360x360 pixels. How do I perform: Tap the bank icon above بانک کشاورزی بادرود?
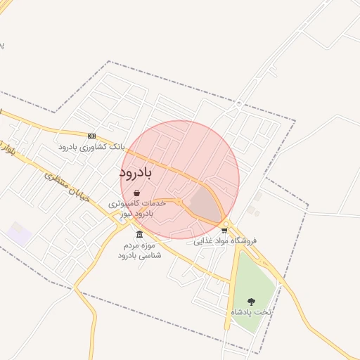click(91, 135)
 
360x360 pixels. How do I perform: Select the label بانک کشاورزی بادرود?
click(91, 148)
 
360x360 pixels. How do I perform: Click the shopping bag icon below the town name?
click(136, 192)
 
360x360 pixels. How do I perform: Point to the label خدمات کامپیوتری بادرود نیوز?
click(136, 207)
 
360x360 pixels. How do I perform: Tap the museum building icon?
click(139, 234)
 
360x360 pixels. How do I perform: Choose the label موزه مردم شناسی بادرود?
click(139, 250)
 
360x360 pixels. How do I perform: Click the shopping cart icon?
click(224, 230)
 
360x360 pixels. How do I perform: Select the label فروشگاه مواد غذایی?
click(225, 240)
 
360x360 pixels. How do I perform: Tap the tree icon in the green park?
click(251, 301)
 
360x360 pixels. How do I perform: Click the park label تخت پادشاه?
click(251, 311)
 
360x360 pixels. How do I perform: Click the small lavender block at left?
click(19, 234)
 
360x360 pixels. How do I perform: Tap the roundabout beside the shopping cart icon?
click(225, 224)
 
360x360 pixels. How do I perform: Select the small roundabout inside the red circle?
click(180, 202)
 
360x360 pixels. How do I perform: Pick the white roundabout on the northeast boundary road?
click(239, 104)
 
